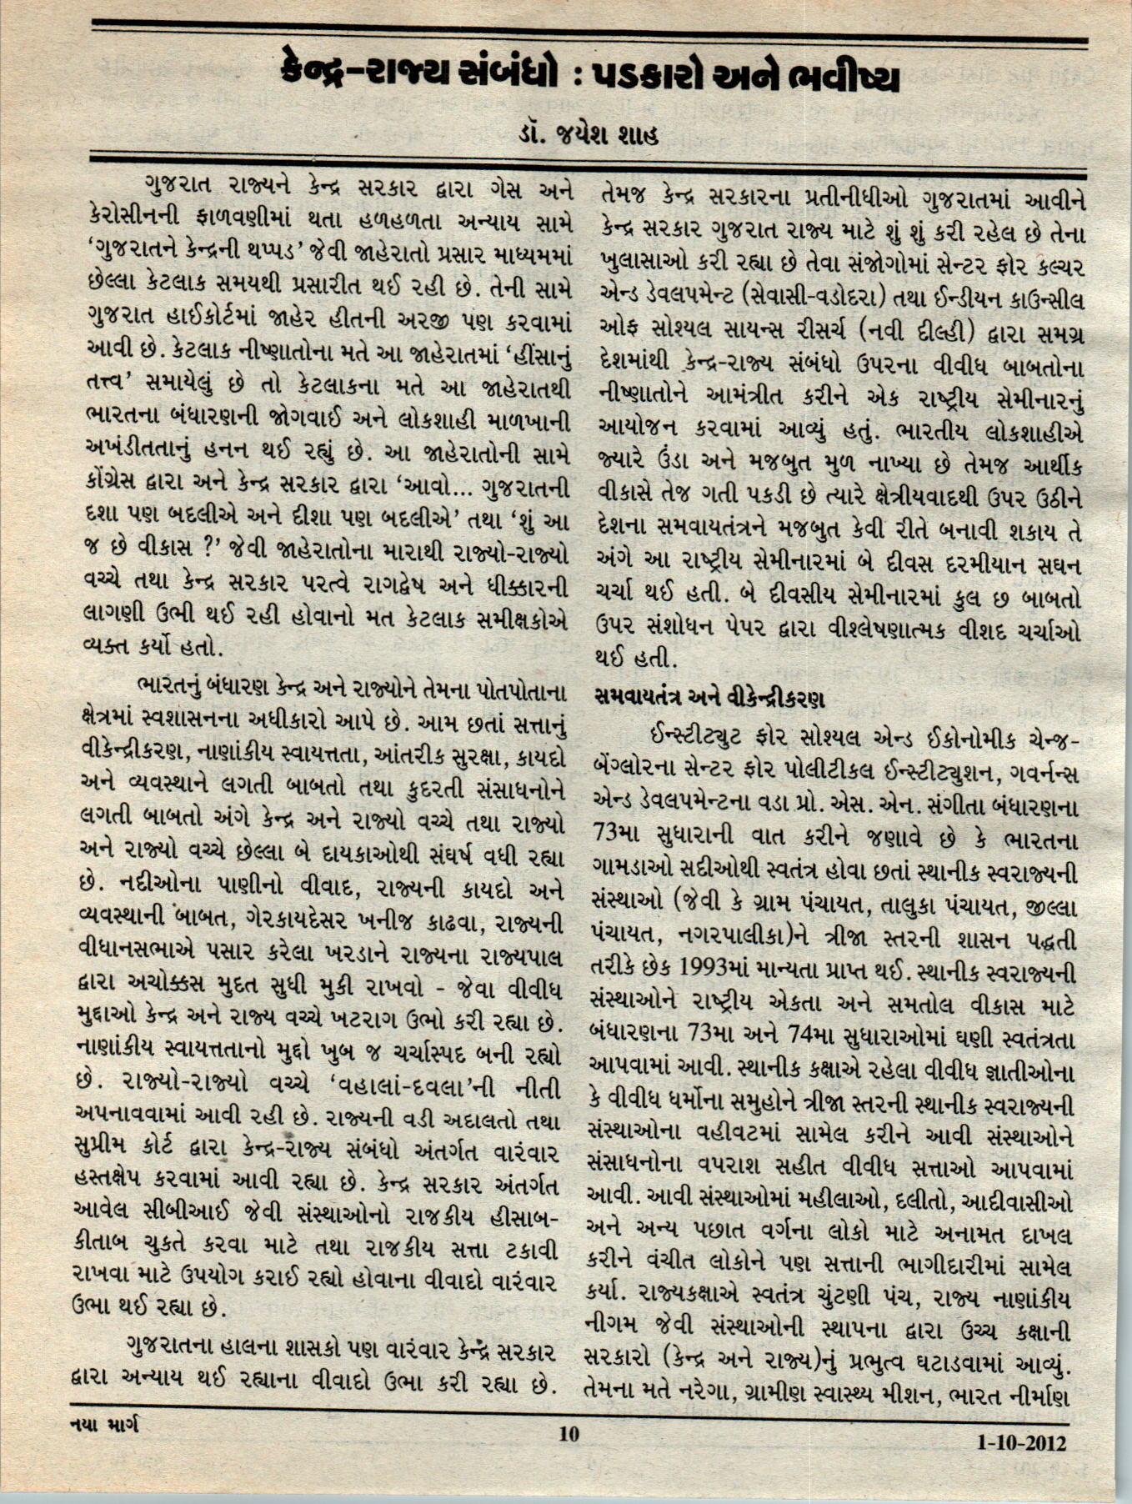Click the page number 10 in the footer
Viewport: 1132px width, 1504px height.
pyautogui.click(x=569, y=1434)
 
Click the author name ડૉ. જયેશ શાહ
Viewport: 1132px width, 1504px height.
pyautogui.click(x=587, y=132)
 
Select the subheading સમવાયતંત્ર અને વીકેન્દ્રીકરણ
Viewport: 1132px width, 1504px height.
pyautogui.click(x=709, y=697)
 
